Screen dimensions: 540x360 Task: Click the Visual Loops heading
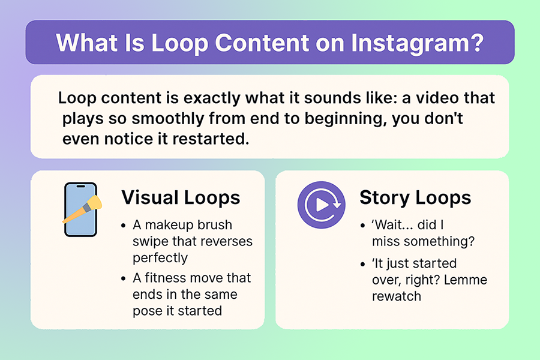[181, 197]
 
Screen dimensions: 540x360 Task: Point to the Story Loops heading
[415, 198]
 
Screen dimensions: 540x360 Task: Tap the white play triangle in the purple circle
[322, 205]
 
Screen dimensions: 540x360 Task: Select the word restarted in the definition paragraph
[211, 139]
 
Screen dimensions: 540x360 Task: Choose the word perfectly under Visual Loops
[160, 258]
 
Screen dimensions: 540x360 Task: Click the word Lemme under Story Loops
[466, 280]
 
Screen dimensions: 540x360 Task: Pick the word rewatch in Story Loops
[397, 296]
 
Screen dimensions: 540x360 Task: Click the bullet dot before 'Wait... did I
[362, 226]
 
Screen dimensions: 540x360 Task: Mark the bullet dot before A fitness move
[123, 278]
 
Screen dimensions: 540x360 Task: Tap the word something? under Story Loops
[439, 241]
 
